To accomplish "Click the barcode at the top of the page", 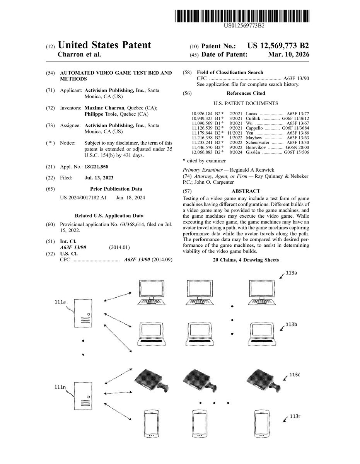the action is [x=242, y=16].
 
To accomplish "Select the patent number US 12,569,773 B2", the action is [x=278, y=46].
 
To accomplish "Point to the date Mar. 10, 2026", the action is [x=288, y=55].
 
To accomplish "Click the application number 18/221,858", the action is [x=96, y=167].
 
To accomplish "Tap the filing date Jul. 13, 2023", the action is [x=99, y=177].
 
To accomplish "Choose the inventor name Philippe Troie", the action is [x=101, y=114].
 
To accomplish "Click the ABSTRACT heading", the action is [x=246, y=191].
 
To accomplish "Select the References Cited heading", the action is [x=246, y=93].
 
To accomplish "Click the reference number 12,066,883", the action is [x=202, y=152].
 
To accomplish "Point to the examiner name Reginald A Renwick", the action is [x=252, y=170].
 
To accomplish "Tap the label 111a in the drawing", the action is [x=60, y=302].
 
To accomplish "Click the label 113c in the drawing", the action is [x=295, y=375].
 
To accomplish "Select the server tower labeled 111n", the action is [x=83, y=396].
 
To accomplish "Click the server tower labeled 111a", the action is [x=83, y=313].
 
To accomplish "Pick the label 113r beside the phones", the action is [x=295, y=416].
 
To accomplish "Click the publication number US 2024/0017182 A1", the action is [x=83, y=198].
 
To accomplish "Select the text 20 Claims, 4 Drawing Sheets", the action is [x=246, y=260].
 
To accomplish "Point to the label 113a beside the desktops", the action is [x=292, y=273].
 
